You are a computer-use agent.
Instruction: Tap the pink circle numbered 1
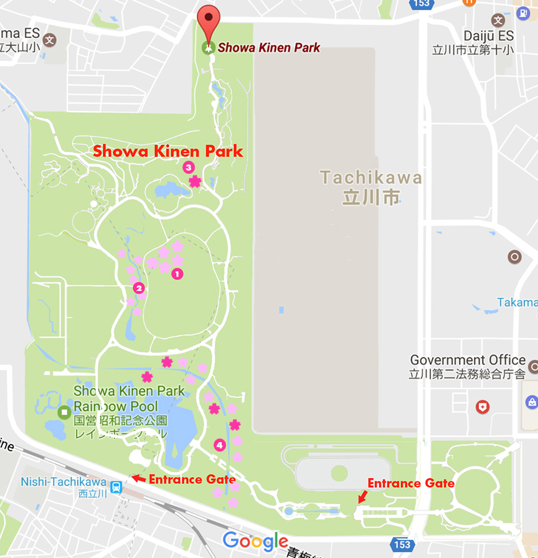pos(177,273)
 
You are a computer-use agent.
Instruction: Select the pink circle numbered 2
pos(139,288)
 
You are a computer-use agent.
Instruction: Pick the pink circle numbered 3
pos(188,167)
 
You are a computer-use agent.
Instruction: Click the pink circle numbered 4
pos(219,445)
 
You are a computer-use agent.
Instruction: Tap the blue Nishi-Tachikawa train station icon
pos(116,486)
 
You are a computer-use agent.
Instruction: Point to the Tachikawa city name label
pos(371,187)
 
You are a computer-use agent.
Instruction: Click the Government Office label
pos(468,360)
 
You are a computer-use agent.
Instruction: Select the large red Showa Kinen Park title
pos(168,151)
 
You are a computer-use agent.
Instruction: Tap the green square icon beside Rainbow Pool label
pos(64,412)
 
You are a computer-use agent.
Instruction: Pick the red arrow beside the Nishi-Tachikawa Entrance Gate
pos(139,479)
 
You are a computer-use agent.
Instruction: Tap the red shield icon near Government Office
pos(482,407)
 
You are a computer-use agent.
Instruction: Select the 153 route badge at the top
pos(421,4)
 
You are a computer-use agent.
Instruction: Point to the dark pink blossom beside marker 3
pos(196,181)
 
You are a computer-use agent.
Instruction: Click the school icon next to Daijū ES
pos(498,20)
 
